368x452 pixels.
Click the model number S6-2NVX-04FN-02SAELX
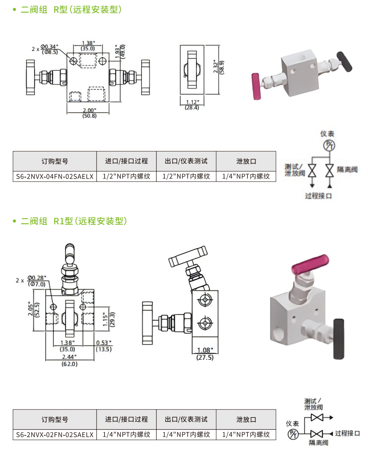[55, 176]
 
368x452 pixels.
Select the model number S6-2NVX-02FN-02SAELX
[55, 435]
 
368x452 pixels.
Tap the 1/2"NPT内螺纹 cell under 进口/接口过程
[126, 176]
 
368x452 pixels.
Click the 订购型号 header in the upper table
[55, 161]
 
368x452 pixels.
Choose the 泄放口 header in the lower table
[246, 419]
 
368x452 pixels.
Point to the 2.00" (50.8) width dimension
[89, 113]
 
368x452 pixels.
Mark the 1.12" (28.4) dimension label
[192, 105]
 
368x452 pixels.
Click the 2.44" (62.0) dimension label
[69, 361]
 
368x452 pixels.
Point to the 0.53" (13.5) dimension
[104, 346]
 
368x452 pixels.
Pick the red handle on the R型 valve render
[257, 86]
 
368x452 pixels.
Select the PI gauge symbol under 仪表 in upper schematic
[329, 145]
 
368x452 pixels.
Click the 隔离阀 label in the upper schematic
[347, 170]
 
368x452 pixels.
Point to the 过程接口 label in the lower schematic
[347, 433]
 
